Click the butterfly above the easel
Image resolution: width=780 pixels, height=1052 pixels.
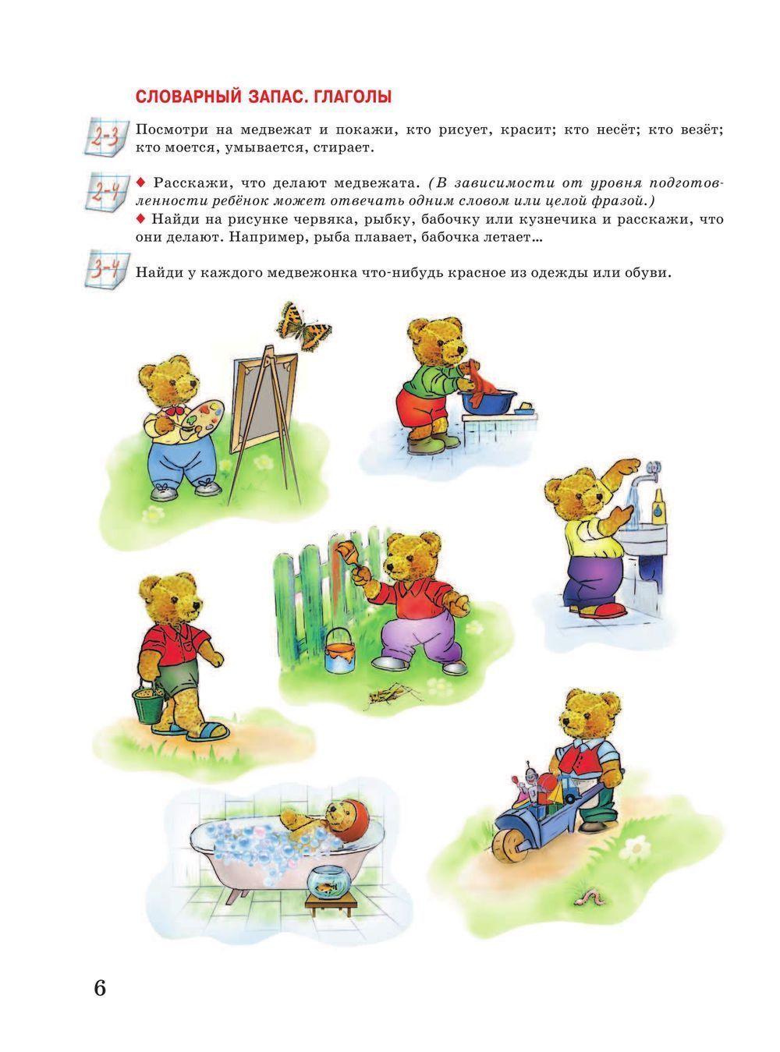pos(303,325)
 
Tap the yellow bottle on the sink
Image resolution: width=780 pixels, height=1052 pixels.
pos(658,507)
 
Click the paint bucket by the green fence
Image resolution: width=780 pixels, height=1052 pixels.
pos(339,652)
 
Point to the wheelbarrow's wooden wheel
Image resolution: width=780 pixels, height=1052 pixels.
pos(509,848)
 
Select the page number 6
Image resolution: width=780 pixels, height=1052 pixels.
pos(100,988)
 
